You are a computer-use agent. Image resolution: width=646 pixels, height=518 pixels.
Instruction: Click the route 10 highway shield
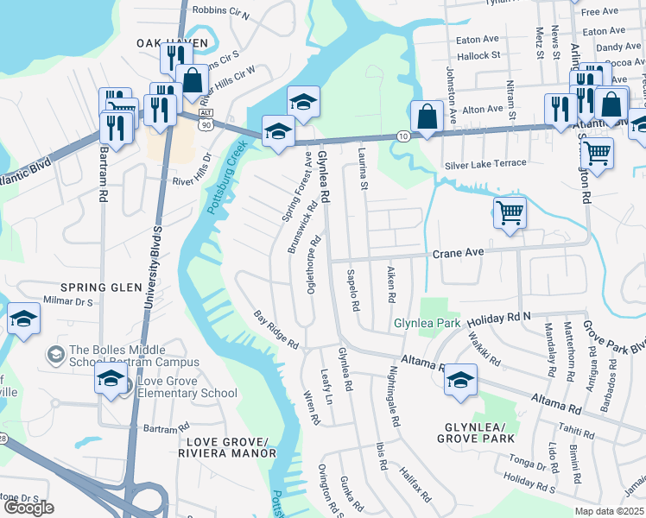click(403, 136)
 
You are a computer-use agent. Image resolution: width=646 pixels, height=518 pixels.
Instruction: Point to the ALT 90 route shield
click(205, 119)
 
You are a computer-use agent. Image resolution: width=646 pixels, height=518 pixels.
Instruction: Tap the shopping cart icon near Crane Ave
click(510, 212)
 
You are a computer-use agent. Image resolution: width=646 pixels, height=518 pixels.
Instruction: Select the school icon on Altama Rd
click(460, 380)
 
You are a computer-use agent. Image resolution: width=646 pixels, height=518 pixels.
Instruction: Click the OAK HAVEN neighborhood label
click(172, 42)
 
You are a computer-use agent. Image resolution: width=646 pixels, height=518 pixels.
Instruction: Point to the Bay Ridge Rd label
click(275, 330)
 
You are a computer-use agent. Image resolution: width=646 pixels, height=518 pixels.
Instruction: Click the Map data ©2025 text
click(609, 511)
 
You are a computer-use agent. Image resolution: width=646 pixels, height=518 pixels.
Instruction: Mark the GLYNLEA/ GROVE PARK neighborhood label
click(480, 433)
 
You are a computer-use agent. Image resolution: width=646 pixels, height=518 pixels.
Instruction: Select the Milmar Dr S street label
click(68, 302)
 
